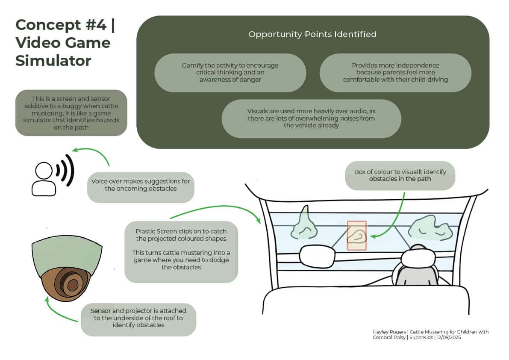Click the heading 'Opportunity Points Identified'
312,34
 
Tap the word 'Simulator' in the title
53,61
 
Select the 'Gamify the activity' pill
230,72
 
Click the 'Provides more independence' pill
395,72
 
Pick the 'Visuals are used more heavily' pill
311,118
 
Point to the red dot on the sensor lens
73,285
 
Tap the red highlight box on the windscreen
356,235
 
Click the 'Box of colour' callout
400,175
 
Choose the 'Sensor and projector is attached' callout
138,319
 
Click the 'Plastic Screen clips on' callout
181,252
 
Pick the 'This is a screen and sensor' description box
71,112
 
